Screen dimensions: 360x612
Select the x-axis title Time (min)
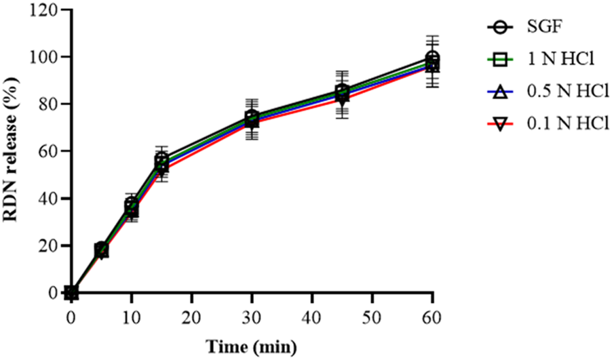(x=252, y=348)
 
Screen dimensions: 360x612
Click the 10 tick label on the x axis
(x=131, y=317)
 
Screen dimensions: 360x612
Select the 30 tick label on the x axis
(x=252, y=317)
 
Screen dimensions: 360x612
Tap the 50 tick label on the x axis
(x=372, y=317)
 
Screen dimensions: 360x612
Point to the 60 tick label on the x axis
(x=432, y=317)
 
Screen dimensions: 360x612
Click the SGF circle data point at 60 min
(x=432, y=58)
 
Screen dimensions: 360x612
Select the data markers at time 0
(x=71, y=293)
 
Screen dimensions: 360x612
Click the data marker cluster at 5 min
(x=102, y=250)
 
